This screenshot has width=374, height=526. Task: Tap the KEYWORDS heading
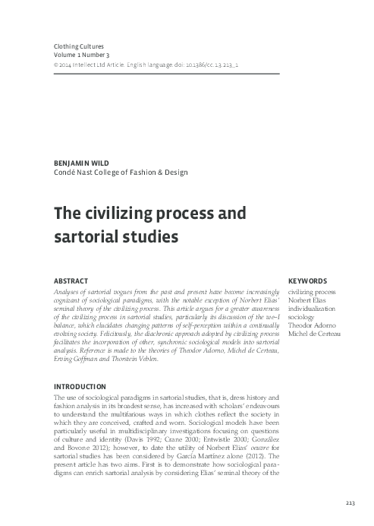(x=307, y=280)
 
